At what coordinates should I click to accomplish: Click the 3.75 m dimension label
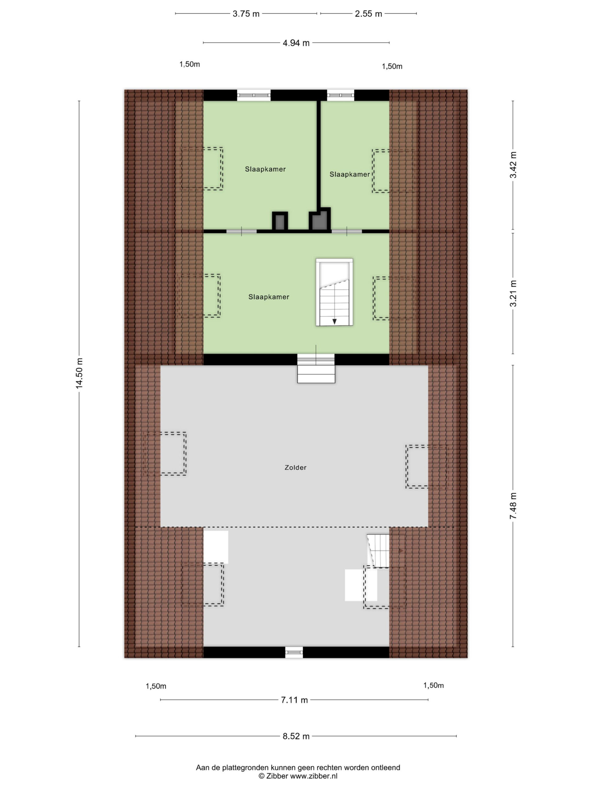[x=246, y=14]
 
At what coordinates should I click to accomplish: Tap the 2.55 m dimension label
[x=368, y=14]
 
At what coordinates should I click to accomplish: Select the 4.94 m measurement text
[x=296, y=43]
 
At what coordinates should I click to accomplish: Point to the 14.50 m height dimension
[x=79, y=373]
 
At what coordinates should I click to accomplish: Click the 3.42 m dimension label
[x=513, y=165]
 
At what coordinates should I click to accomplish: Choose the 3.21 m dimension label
[x=513, y=293]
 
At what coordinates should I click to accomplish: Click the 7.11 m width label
[x=294, y=700]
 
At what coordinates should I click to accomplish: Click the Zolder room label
[x=295, y=468]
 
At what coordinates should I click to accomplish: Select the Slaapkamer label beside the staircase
[x=269, y=297]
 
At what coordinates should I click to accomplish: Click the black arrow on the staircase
[x=334, y=321]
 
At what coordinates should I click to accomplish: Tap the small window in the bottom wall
[x=294, y=652]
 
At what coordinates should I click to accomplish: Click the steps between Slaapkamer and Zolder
[x=316, y=369]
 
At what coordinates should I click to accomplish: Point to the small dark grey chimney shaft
[x=280, y=222]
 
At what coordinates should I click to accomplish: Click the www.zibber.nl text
[x=314, y=776]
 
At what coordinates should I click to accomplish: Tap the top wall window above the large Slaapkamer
[x=254, y=95]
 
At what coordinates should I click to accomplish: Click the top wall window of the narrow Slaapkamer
[x=340, y=95]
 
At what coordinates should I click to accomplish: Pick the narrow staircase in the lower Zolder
[x=379, y=551]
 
